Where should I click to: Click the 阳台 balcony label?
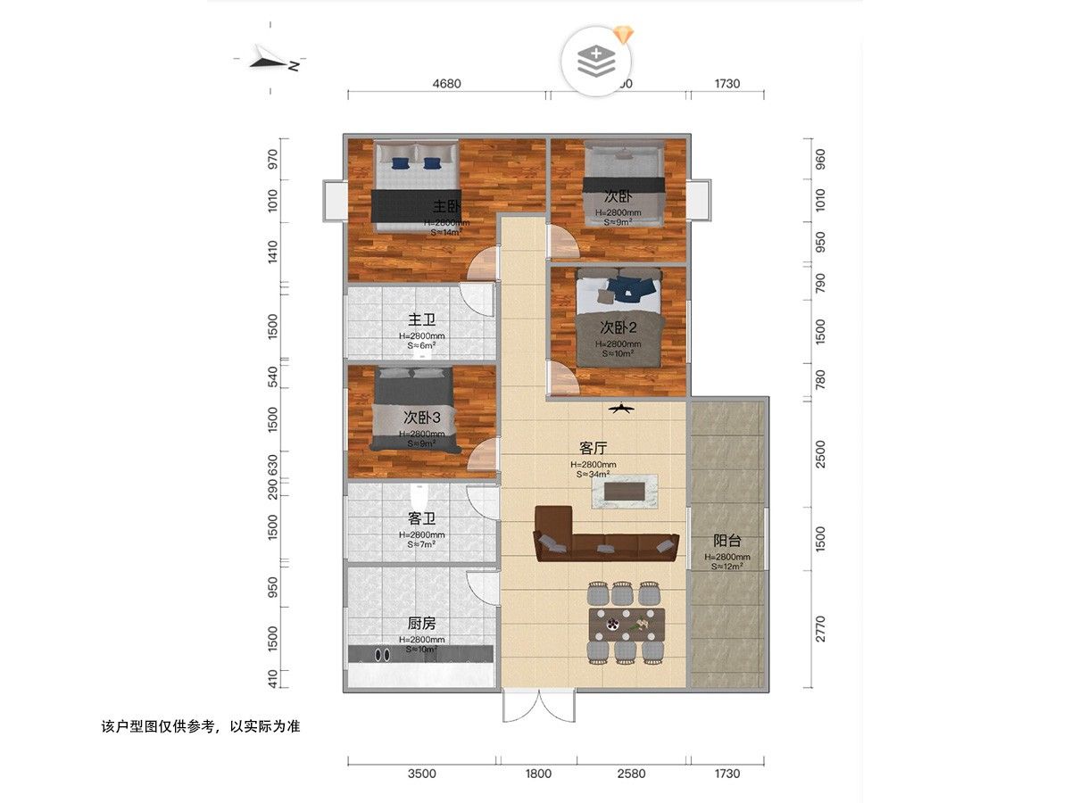click(x=727, y=541)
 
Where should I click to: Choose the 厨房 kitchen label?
click(x=421, y=624)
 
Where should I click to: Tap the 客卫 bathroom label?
click(x=421, y=517)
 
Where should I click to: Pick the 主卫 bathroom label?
click(x=421, y=319)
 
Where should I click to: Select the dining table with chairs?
click(x=627, y=623)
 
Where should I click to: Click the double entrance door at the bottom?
click(x=538, y=707)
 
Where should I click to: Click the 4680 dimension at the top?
click(x=446, y=84)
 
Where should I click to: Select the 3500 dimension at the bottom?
click(x=421, y=774)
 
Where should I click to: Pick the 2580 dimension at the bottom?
click(x=631, y=774)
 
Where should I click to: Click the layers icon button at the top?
click(x=595, y=60)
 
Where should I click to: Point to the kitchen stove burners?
click(x=382, y=654)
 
